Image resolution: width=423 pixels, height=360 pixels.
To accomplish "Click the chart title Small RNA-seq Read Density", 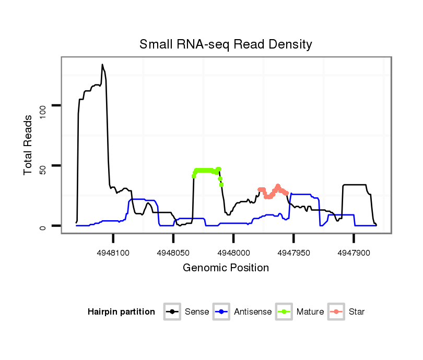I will point(226,44).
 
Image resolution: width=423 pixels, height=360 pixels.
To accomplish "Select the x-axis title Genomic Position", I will point(226,268).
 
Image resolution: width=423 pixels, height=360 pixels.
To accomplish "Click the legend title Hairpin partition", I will point(121,312).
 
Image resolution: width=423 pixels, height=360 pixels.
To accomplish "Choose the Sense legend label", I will point(197,312).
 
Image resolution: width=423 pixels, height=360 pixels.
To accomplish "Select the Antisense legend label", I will point(253,312).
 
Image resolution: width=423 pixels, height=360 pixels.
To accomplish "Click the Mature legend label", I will point(310,312).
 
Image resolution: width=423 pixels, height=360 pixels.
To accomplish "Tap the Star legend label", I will point(357,312).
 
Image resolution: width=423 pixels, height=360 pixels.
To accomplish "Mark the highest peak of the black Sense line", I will point(102,65).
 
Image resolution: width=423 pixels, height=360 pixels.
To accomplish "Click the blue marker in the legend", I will point(222,312).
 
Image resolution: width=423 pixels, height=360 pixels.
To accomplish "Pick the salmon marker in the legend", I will point(336,312).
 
